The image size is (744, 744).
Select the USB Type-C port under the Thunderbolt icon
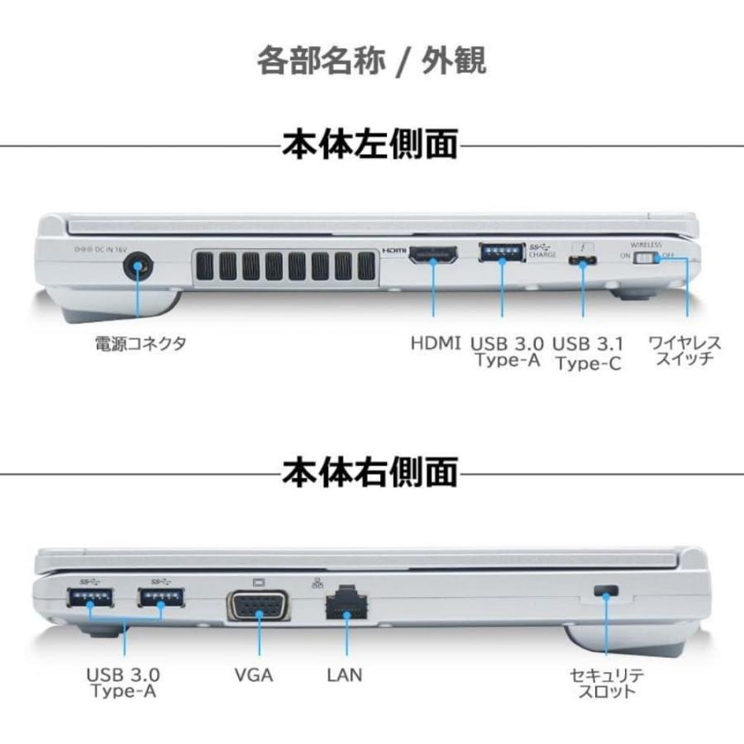[584, 262]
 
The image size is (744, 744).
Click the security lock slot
[607, 590]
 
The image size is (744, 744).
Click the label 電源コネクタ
[139, 343]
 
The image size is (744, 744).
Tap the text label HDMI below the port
[436, 343]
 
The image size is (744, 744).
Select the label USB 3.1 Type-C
[589, 353]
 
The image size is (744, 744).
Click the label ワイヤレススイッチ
[684, 351]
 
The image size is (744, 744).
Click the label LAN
[344, 675]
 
